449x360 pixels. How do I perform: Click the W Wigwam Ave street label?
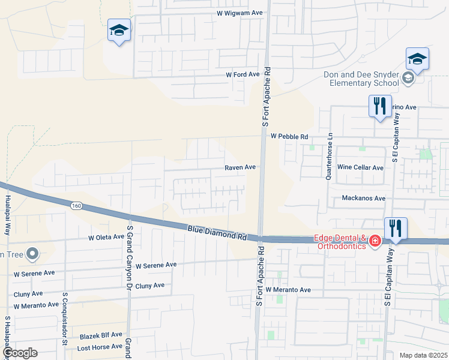tap(240, 13)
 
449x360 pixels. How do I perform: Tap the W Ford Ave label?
tap(242, 74)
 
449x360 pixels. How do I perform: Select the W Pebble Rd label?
tap(289, 137)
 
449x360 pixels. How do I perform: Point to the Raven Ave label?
tap(240, 167)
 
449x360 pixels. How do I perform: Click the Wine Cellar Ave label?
tap(360, 167)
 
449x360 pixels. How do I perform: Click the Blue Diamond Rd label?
tap(217, 232)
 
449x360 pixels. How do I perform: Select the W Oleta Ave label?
tap(106, 238)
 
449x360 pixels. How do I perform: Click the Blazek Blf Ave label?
tap(100, 335)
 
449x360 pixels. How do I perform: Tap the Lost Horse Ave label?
tap(100, 348)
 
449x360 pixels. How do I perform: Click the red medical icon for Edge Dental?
tap(375, 241)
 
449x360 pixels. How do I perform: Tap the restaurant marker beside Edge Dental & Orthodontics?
tap(396, 229)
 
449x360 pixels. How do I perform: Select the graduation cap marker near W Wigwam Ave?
tap(119, 31)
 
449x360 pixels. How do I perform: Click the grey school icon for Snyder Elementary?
tap(408, 77)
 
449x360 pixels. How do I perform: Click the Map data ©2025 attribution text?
tap(423, 355)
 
